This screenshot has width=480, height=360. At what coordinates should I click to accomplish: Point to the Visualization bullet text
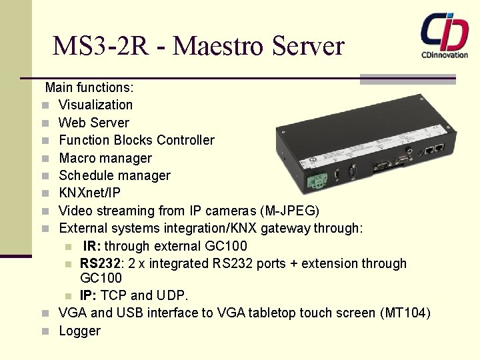(95, 105)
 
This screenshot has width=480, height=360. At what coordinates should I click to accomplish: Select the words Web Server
(94, 123)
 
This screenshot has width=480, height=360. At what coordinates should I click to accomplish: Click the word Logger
(79, 331)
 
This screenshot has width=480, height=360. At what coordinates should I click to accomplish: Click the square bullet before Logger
(44, 331)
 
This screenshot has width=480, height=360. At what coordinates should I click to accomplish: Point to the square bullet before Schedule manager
(44, 176)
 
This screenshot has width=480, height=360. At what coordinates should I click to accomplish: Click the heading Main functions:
(89, 87)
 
